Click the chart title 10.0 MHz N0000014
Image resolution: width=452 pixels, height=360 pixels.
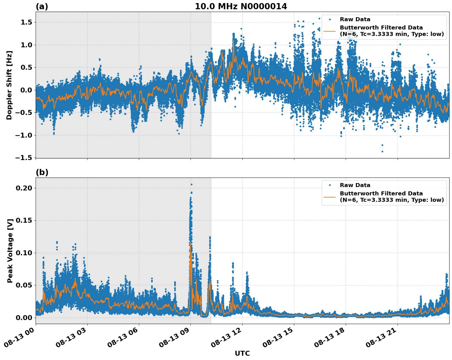(241, 6)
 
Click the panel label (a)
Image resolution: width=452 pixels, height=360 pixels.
(42, 6)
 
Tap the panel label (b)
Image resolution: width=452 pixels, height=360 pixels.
(42, 172)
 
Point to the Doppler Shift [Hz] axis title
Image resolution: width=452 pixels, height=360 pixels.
(9, 85)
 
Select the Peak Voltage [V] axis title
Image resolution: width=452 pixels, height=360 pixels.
(10, 251)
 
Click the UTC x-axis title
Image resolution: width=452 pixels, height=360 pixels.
(242, 353)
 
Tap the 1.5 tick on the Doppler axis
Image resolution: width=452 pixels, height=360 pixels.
(27, 22)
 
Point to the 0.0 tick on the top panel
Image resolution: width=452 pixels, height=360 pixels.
(27, 90)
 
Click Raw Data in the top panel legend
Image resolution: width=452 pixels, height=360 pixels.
(355, 19)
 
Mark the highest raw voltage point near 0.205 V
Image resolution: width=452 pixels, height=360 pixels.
(191, 184)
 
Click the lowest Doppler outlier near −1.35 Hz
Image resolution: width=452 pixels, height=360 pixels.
(382, 151)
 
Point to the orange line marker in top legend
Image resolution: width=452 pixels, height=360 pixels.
(330, 31)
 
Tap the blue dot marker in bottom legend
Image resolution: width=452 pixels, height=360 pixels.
(330, 185)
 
